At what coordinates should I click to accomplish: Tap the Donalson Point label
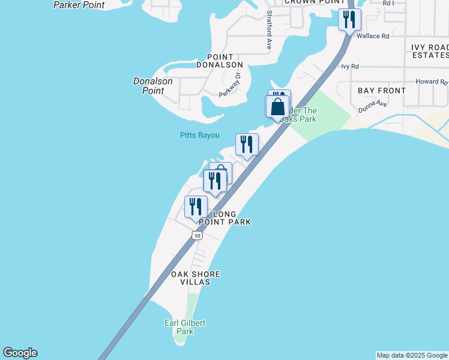[152, 86]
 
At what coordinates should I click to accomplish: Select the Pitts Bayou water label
[200, 135]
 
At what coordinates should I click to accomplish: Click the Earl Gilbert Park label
[185, 327]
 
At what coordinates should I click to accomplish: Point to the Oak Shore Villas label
[196, 278]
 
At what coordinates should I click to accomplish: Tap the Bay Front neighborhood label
[382, 91]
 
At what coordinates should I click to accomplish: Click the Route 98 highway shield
[197, 236]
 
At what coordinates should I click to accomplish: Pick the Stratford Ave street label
[270, 30]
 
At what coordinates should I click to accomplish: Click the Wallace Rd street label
[373, 36]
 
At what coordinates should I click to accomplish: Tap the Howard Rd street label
[432, 82]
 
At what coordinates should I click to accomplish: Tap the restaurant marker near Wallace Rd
[349, 19]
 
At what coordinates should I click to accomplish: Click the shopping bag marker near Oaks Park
[277, 107]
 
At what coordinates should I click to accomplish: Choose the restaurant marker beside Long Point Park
[196, 207]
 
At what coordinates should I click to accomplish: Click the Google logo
[20, 353]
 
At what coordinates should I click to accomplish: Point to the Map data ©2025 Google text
[412, 355]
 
